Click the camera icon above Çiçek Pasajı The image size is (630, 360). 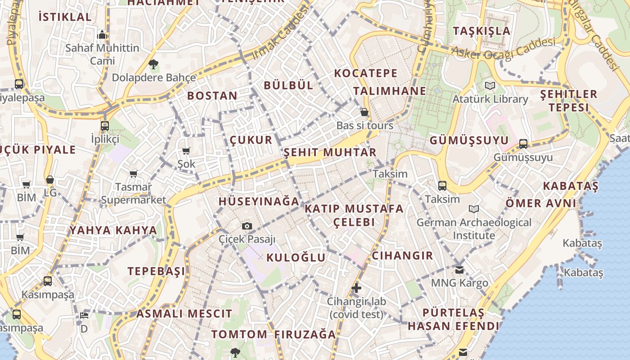pyautogui.click(x=247, y=226)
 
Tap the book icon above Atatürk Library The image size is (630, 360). pyautogui.click(x=490, y=85)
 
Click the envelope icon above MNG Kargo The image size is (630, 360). pyautogui.click(x=459, y=270)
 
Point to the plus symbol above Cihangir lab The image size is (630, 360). pyautogui.click(x=356, y=288)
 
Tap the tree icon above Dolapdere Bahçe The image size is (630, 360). pyautogui.click(x=153, y=64)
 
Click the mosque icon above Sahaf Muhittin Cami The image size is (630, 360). pyautogui.click(x=102, y=35)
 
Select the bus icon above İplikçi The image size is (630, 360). pyautogui.click(x=105, y=126)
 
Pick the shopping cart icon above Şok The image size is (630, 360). pyautogui.click(x=186, y=151)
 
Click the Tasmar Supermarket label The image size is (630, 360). pyautogui.click(x=133, y=193)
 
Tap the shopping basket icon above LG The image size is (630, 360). pyautogui.click(x=50, y=180)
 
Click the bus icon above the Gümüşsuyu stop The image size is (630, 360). pyautogui.click(x=523, y=144)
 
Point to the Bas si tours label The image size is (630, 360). pyautogui.click(x=365, y=126)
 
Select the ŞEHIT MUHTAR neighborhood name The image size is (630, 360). pyautogui.click(x=330, y=152)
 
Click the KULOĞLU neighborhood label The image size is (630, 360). pyautogui.click(x=296, y=257)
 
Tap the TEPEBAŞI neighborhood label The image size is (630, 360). pyautogui.click(x=156, y=271)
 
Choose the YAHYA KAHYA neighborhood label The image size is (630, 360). pyautogui.click(x=113, y=230)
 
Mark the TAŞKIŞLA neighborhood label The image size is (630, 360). pyautogui.click(x=482, y=31)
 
